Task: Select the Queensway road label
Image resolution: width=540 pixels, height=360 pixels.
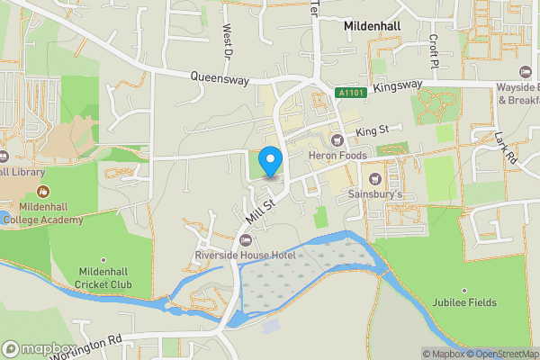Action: [220, 79]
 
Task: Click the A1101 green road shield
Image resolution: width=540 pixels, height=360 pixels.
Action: [351, 93]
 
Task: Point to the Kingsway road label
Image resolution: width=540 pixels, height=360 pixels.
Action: [398, 85]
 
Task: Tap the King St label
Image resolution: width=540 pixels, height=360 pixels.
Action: [371, 131]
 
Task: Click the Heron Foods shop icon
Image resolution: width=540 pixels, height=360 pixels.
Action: [338, 139]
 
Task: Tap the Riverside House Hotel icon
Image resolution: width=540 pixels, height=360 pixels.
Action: [246, 239]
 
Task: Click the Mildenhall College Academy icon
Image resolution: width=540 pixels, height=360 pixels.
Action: [43, 191]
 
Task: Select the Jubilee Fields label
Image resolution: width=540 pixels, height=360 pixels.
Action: [464, 302]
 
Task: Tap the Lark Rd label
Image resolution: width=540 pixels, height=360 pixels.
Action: [506, 148]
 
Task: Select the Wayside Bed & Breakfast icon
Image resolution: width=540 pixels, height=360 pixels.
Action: [526, 71]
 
